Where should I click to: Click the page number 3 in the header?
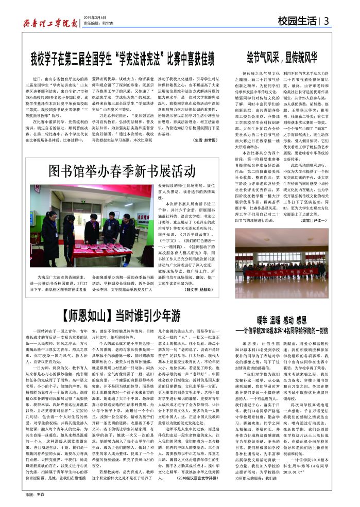tap(327, 21)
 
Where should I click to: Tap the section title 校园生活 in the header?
tap(298, 21)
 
